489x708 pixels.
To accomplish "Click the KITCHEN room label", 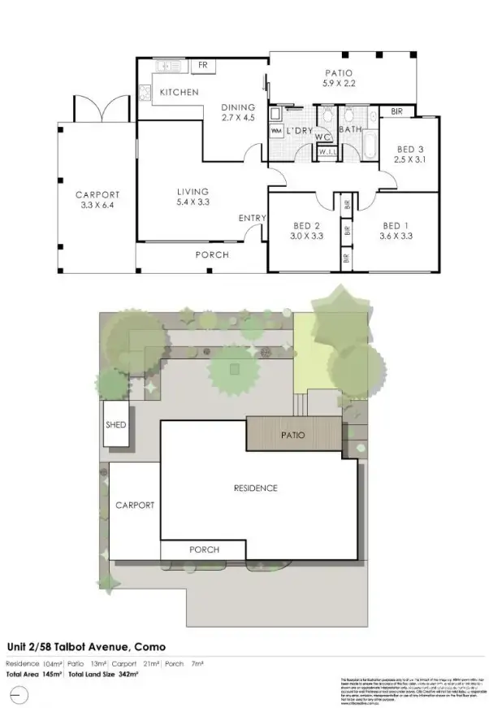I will pyautogui.click(x=179, y=92).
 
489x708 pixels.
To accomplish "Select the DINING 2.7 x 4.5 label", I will pyautogui.click(x=238, y=112).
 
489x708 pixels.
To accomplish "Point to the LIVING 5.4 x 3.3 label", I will pyautogui.click(x=193, y=197).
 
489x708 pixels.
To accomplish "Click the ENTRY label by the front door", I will pyautogui.click(x=252, y=218).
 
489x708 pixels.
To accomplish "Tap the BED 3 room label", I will pyautogui.click(x=409, y=154).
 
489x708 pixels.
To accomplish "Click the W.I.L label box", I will pyautogui.click(x=327, y=152).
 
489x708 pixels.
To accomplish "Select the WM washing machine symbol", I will pyautogui.click(x=275, y=131).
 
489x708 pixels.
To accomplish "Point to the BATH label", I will pyautogui.click(x=350, y=129).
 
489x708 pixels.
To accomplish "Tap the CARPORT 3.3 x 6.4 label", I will pyautogui.click(x=97, y=200).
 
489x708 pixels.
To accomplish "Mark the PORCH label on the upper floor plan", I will pyautogui.click(x=212, y=254).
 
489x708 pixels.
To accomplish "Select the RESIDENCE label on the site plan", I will pyautogui.click(x=255, y=489).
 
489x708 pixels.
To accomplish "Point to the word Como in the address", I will pyautogui.click(x=151, y=646).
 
